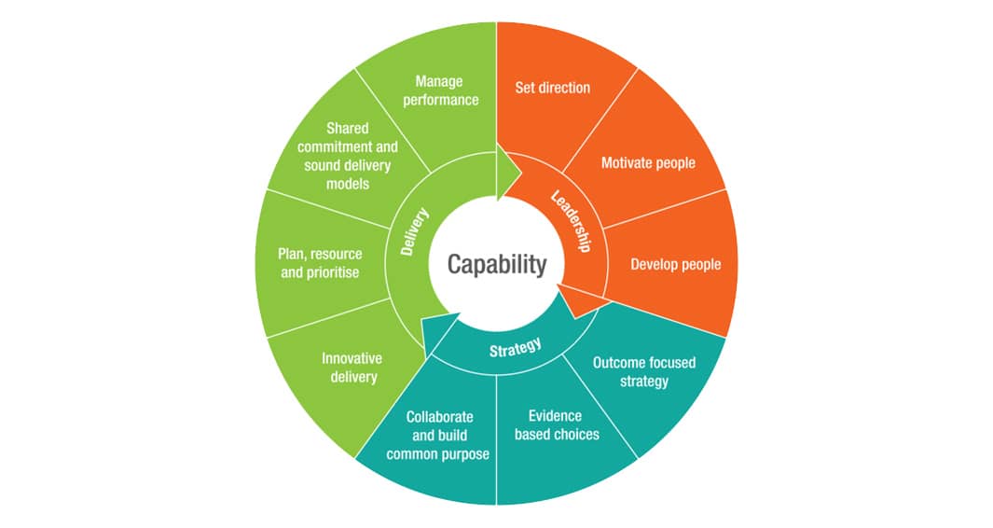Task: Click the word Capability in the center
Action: (496, 264)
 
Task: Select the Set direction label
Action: (552, 88)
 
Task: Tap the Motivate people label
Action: (648, 163)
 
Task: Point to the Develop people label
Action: (675, 264)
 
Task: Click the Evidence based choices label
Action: (557, 424)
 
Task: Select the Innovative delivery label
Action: (352, 368)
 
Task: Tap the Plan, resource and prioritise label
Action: (320, 263)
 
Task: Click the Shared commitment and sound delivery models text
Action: (348, 156)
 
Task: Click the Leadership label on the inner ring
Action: (572, 221)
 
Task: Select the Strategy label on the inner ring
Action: (515, 348)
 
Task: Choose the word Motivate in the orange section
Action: (626, 163)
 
